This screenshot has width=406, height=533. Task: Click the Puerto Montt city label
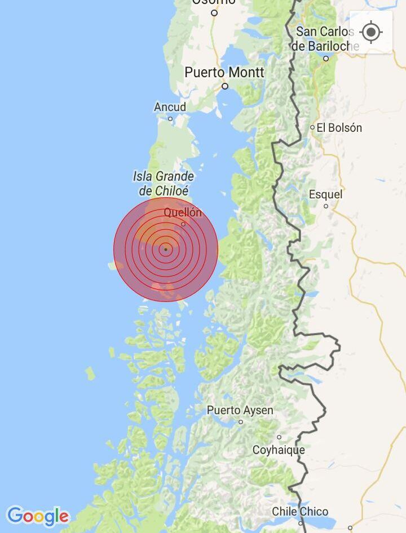[224, 73]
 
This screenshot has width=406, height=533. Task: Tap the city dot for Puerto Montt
[224, 86]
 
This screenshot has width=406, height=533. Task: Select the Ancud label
[170, 107]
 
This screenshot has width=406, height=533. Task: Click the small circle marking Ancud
[170, 119]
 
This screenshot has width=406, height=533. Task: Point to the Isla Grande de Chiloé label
[164, 184]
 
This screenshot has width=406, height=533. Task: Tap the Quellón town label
[183, 212]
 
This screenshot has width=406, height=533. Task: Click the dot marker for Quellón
[183, 224]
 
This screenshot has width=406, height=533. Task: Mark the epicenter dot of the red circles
[166, 249]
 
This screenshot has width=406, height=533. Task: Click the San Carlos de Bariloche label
[325, 39]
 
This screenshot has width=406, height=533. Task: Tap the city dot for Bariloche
[326, 58]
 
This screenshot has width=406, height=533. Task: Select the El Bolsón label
[339, 128]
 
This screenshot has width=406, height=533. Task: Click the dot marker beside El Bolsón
[312, 128]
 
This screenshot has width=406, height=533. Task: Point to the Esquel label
[325, 194]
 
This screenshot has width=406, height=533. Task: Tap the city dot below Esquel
[325, 206]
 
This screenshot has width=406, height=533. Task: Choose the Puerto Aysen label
[240, 410]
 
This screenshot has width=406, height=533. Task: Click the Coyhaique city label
[279, 450]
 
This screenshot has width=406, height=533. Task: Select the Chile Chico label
[300, 512]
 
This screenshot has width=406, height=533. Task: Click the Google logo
[38, 516]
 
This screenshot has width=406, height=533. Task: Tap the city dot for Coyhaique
[279, 437]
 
